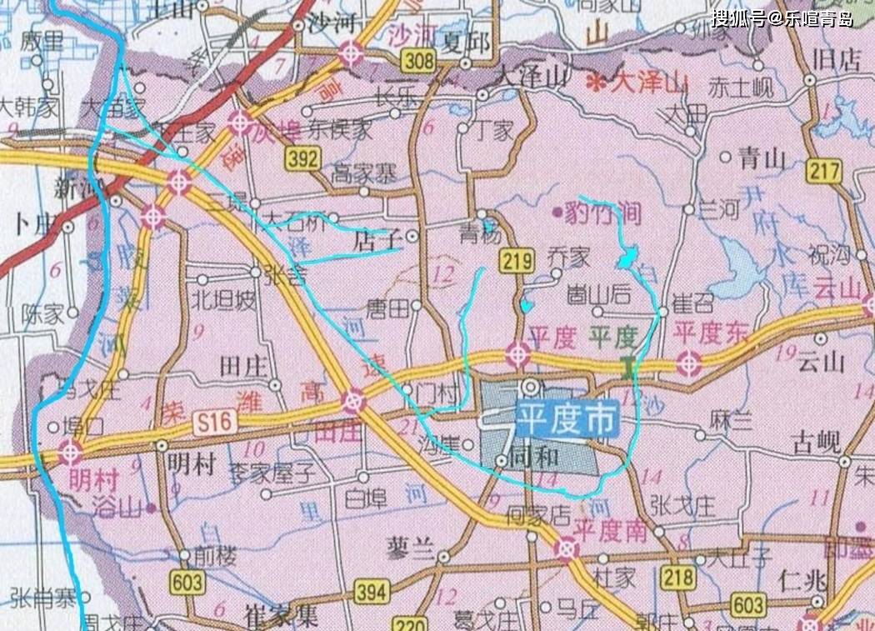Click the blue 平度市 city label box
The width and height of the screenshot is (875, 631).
567,418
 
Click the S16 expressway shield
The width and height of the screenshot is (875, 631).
212,423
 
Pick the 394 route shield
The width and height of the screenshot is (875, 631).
372,592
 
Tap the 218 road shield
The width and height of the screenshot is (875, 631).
677,576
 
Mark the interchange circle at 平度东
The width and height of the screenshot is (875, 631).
688,363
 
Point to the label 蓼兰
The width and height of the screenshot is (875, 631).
411,548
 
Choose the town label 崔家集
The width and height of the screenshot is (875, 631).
281,616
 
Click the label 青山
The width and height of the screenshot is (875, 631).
762,158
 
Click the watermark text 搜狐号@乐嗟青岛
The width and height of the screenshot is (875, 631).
782,18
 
